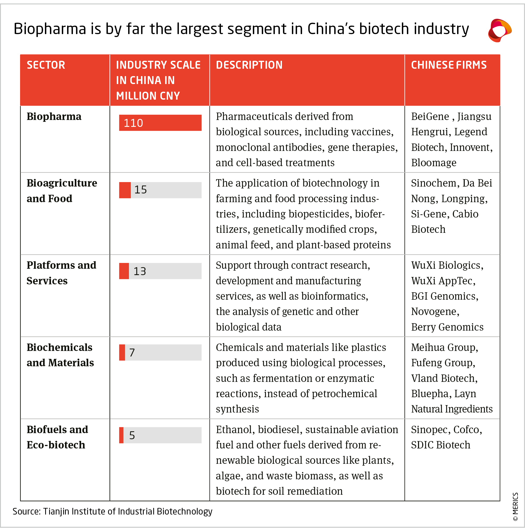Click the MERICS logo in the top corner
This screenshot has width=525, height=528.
pyautogui.click(x=499, y=30)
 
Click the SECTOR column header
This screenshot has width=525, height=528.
pyautogui.click(x=46, y=65)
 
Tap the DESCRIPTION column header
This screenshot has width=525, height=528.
pyautogui.click(x=249, y=65)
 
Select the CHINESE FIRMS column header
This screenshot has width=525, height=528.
pyautogui.click(x=449, y=65)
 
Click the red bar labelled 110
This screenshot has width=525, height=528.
pyautogui.click(x=160, y=123)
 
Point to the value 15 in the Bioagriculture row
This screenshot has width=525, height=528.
pyautogui.click(x=141, y=190)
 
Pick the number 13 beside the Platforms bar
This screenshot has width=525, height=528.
pyautogui.click(x=140, y=271)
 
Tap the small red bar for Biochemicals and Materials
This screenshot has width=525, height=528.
pyautogui.click(x=122, y=353)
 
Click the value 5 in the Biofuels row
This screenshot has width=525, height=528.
pyautogui.click(x=132, y=435)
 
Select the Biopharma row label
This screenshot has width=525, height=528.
pyautogui.click(x=54, y=117)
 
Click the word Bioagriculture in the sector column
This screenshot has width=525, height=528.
pyautogui.click(x=62, y=183)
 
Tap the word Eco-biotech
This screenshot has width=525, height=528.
pyautogui.click(x=56, y=445)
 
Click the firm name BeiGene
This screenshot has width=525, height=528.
pyautogui.click(x=430, y=117)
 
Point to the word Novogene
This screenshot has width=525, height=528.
pyautogui.click(x=435, y=312)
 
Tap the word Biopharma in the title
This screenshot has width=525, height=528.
pyautogui.click(x=50, y=29)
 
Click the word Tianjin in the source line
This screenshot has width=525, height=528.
pyautogui.click(x=56, y=512)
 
